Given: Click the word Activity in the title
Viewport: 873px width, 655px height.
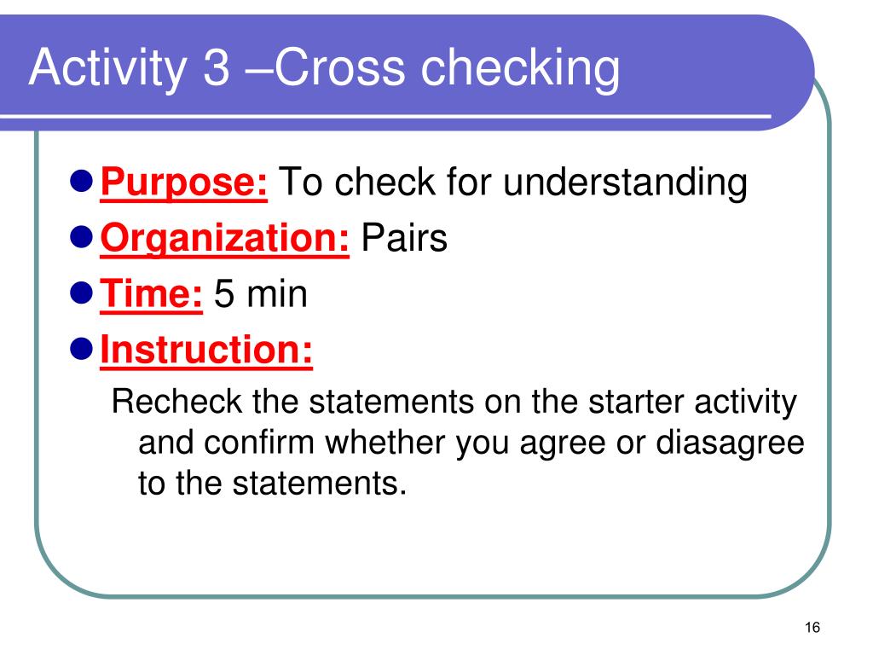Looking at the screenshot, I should pos(107,71).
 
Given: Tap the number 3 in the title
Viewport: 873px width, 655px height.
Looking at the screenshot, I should pos(217,71).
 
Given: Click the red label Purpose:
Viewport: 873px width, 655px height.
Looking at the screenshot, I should pos(185,183).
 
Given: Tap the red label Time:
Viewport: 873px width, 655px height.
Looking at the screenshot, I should pos(152,295).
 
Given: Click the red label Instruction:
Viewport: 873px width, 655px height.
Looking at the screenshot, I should pos(207,351).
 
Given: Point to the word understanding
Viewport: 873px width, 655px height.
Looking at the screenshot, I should pos(624,183).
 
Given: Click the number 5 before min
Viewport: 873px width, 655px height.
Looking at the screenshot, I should pos(224,295).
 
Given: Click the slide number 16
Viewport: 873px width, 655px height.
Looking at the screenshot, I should pos(812,629).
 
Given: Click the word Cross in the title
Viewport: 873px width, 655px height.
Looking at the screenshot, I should pos(321,71).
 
